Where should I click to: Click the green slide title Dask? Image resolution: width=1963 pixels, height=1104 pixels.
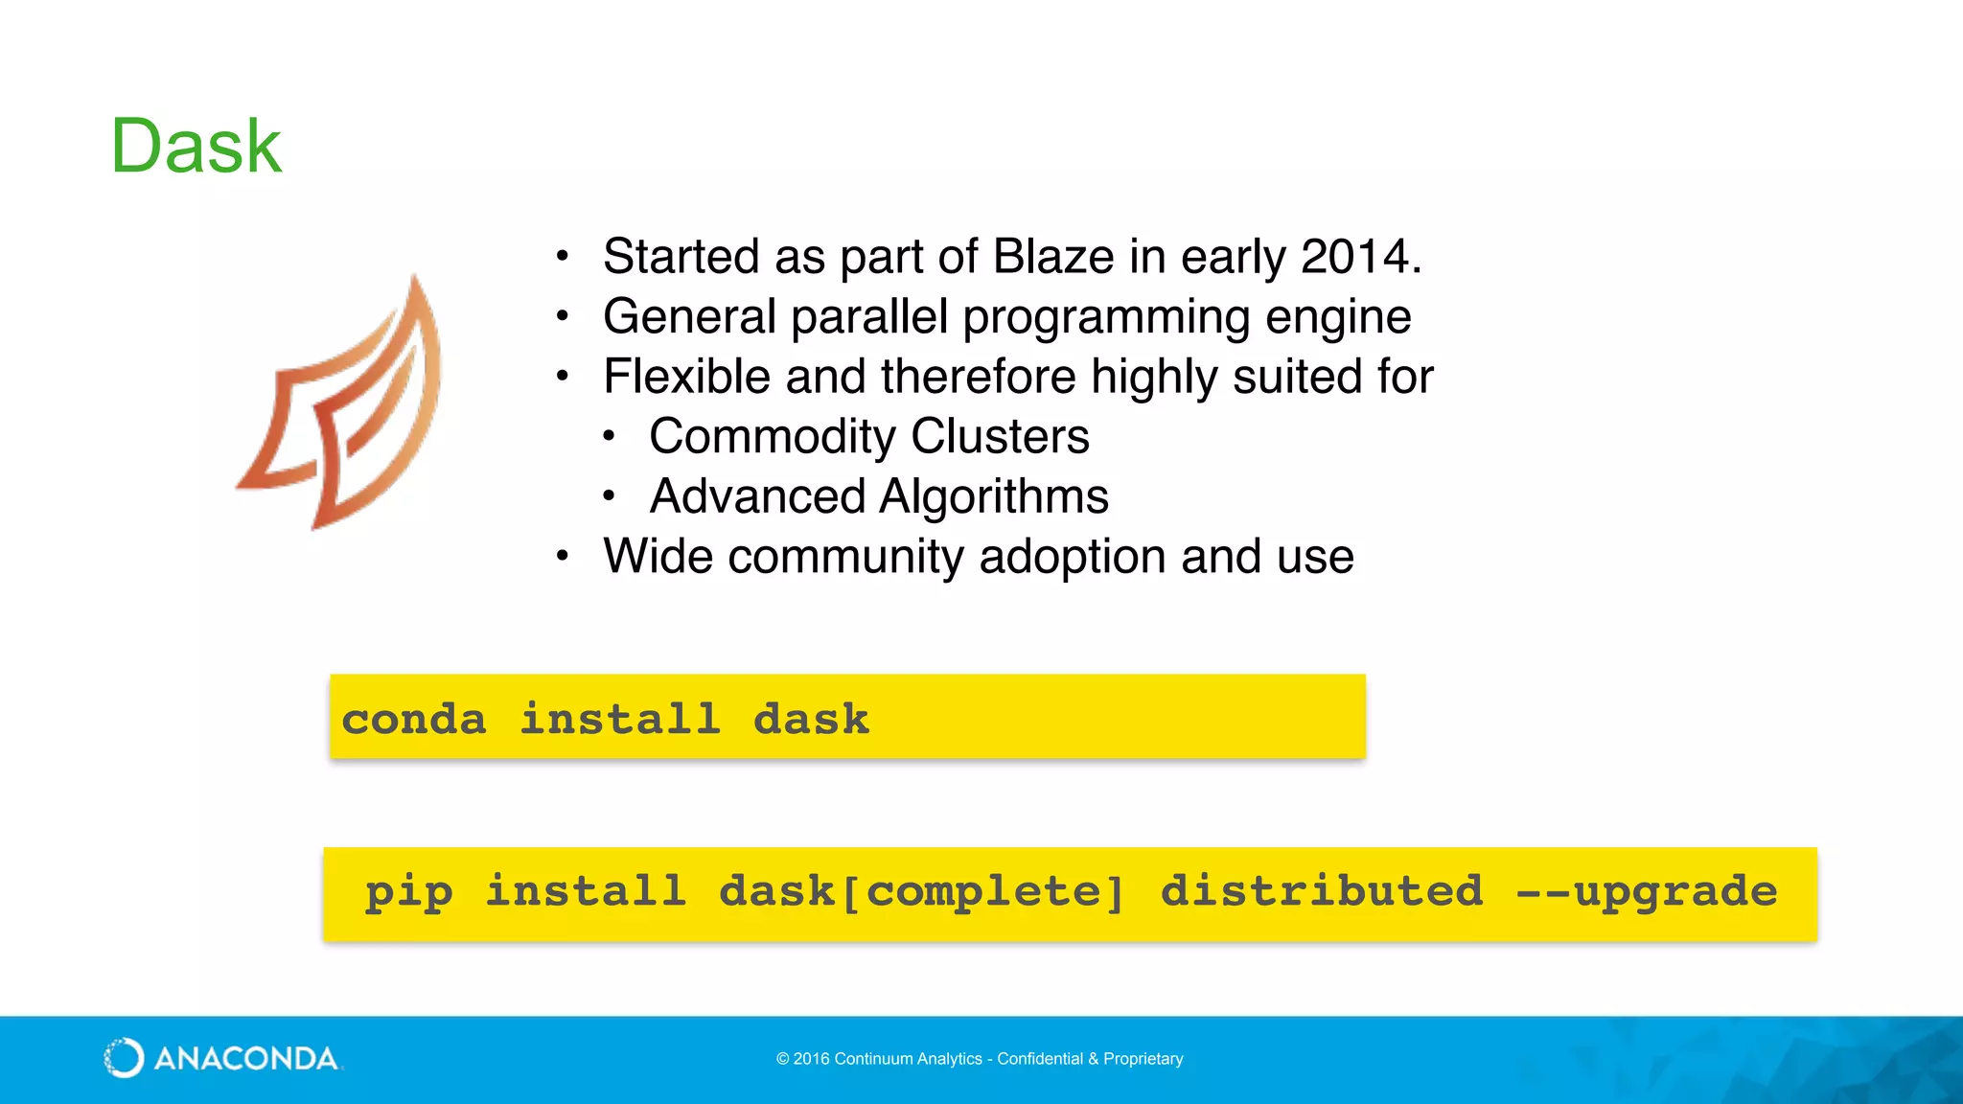pos(196,147)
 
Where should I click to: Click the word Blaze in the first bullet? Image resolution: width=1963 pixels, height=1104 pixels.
pos(1052,257)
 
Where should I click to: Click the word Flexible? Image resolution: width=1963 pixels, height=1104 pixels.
pos(686,377)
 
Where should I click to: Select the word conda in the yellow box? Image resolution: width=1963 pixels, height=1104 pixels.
pos(414,719)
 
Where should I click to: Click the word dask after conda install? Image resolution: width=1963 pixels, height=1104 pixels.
pos(811,719)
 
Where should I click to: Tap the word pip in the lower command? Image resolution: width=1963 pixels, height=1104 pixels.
pos(409,893)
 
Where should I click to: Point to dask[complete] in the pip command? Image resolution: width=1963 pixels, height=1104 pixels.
pos(921,893)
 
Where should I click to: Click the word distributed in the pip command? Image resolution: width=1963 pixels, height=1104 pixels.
pos(1321,891)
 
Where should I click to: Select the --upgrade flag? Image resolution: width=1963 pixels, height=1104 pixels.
pos(1647,893)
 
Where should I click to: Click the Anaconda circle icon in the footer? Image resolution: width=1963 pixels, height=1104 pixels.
pos(124,1058)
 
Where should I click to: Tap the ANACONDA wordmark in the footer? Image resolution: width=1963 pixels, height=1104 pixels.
pos(245,1059)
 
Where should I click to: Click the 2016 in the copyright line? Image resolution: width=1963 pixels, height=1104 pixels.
pos(811,1059)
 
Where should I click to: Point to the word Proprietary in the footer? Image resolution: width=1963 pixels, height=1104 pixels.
pos(1143,1059)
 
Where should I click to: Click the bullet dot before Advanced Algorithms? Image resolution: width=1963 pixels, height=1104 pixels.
pos(609,496)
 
